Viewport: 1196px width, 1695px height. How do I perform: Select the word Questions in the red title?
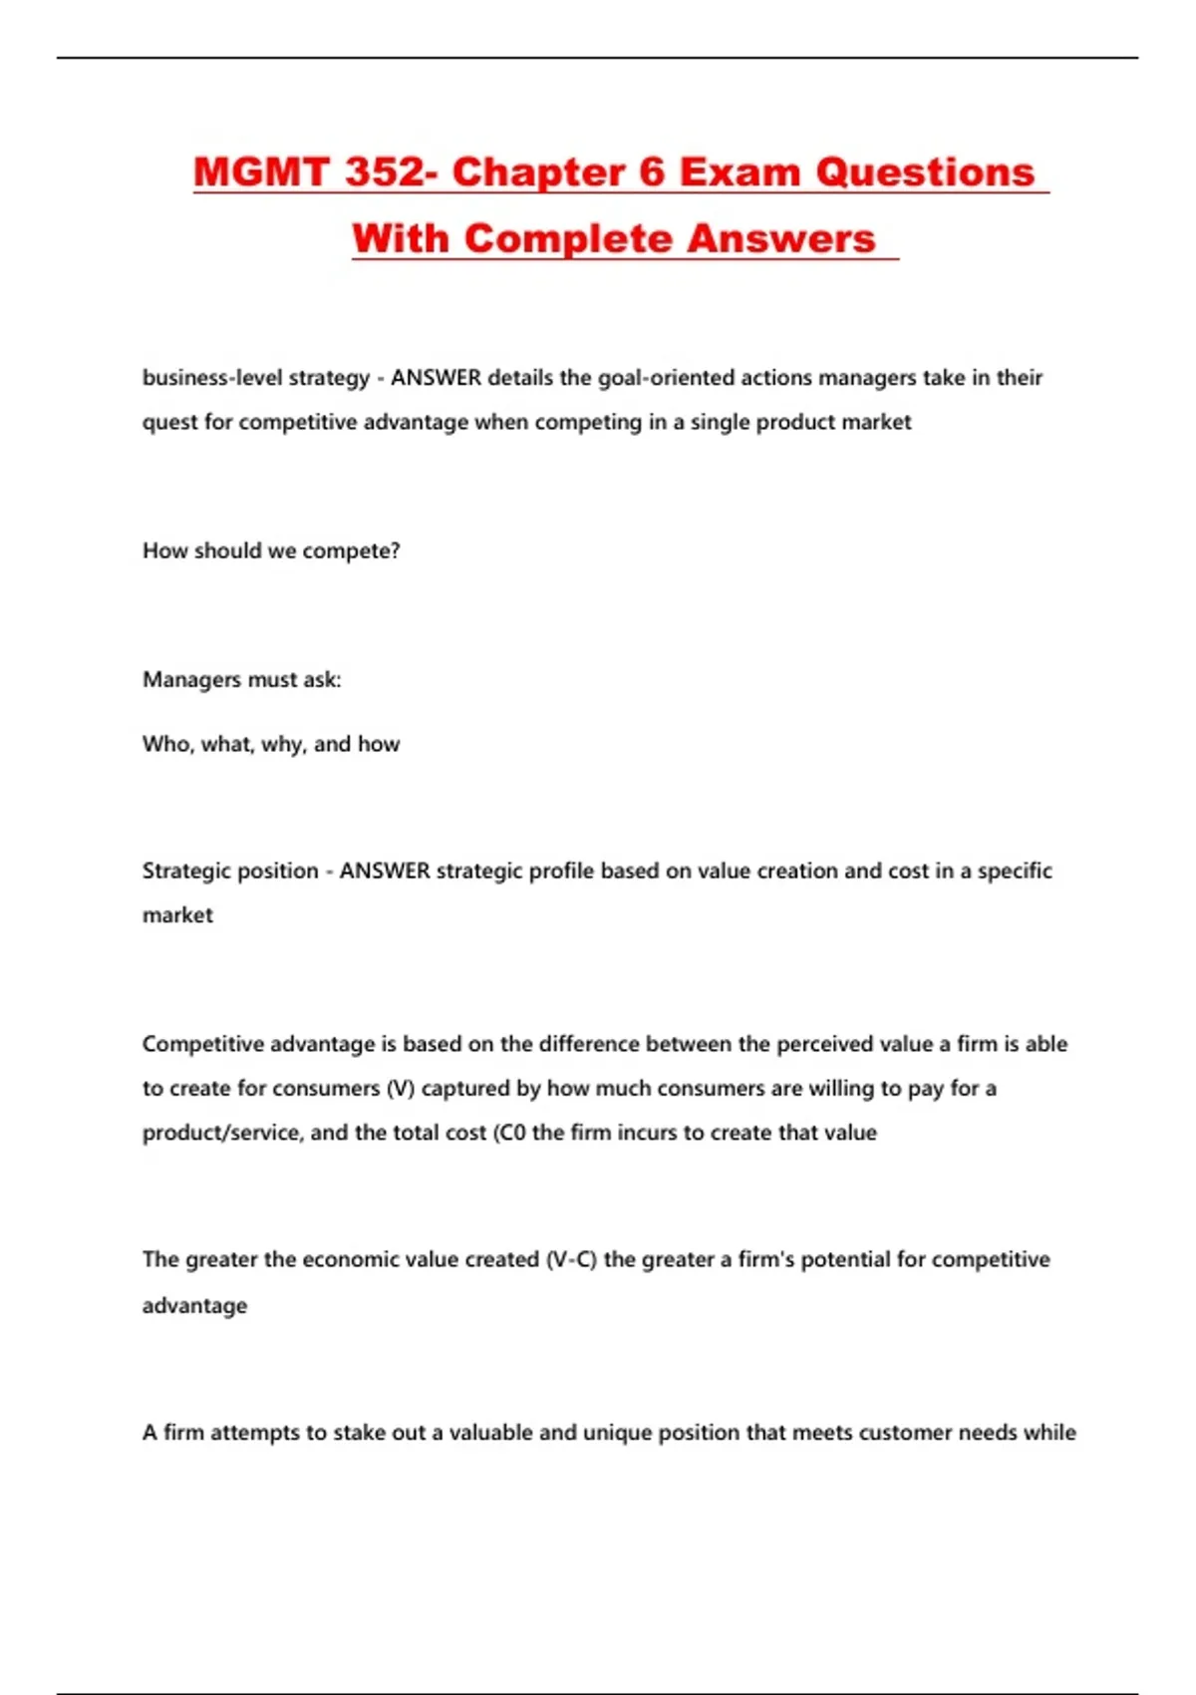[x=926, y=171]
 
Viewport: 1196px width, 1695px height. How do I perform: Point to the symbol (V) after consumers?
[x=400, y=1089]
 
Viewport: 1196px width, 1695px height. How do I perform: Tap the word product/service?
[x=222, y=1134]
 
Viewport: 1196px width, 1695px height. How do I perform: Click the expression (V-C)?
[x=571, y=1260]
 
